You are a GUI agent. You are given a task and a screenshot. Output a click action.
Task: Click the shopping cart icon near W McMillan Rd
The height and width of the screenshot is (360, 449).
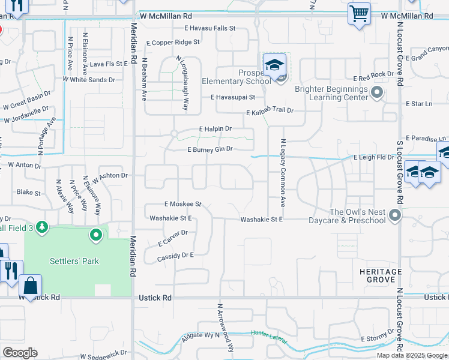[x=359, y=13]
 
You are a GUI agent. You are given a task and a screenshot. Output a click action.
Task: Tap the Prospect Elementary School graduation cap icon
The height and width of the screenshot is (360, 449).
[x=274, y=64]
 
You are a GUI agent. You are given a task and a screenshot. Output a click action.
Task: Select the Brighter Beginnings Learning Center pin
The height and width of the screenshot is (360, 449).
[x=377, y=92]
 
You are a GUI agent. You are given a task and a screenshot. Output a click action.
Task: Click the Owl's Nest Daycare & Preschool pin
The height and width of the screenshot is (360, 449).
[x=394, y=214]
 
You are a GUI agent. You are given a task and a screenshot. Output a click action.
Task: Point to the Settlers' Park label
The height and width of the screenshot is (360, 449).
[x=74, y=261]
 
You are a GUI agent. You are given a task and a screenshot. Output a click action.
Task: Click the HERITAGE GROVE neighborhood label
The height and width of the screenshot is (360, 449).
[x=381, y=276]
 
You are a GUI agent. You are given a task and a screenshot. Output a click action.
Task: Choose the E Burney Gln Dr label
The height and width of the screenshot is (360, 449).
[x=209, y=149]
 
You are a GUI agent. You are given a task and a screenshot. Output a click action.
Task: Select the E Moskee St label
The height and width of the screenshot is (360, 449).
[x=182, y=204]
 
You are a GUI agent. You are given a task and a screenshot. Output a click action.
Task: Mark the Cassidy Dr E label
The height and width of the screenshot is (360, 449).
[x=175, y=255]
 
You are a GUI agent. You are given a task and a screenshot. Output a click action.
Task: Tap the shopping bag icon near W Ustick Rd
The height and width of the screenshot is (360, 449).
[x=30, y=286]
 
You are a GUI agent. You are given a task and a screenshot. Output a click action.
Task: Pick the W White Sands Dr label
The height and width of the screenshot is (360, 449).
[x=88, y=79]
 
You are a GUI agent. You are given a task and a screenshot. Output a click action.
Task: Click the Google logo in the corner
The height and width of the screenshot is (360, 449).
[x=20, y=352]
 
